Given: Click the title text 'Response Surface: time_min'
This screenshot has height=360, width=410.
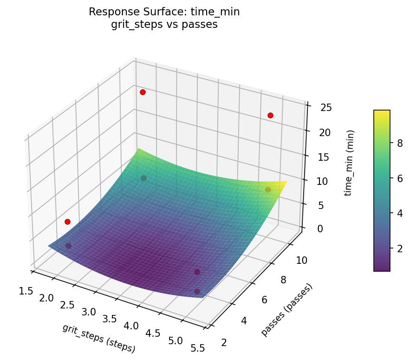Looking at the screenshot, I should (164, 12).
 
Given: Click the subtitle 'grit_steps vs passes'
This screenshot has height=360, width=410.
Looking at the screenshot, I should (164, 25).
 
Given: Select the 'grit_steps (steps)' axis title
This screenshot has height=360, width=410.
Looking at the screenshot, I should (98, 338).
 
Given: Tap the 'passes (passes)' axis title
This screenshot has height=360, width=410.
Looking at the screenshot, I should (286, 309).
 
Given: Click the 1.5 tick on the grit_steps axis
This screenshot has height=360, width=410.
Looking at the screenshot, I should (26, 291).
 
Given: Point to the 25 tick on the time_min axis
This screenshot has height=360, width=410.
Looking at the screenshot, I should (326, 108).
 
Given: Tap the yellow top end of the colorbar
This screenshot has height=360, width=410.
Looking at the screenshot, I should (382, 112).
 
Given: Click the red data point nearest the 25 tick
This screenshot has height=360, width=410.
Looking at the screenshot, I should (270, 115).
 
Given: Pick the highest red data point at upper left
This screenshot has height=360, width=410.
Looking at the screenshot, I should (143, 92).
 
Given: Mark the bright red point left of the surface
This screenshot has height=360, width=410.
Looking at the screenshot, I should (67, 222).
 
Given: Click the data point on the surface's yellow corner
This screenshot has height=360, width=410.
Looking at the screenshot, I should (268, 190).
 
